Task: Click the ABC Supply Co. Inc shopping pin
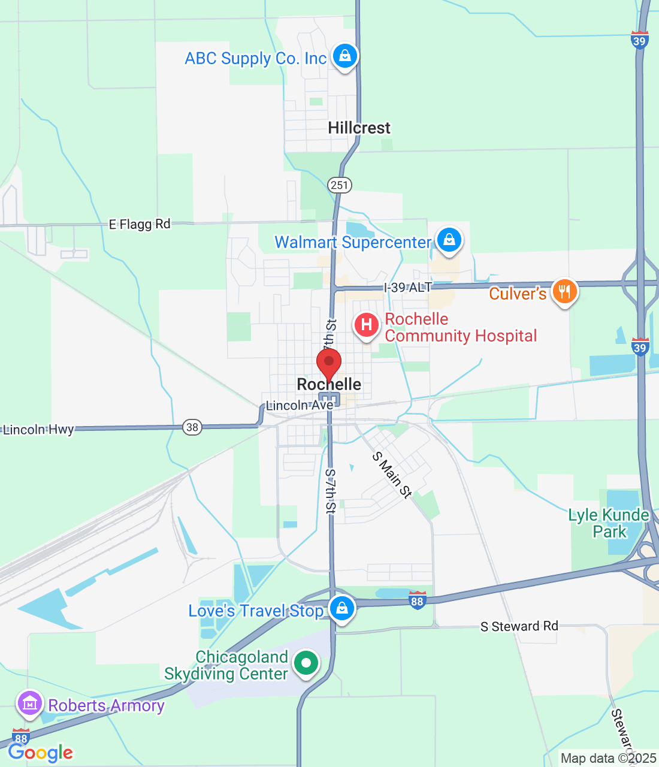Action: coord(344,57)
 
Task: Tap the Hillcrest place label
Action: coord(359,128)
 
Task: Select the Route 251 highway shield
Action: coord(339,185)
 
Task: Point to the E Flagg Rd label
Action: coord(140,224)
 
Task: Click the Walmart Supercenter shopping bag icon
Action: coord(449,240)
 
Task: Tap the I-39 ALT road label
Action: coord(407,288)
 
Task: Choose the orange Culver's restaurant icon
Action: coord(564,292)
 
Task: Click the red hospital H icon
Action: coord(366,325)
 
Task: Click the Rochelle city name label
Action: coord(329,384)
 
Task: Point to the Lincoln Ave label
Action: coord(300,405)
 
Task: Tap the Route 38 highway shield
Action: coord(192,427)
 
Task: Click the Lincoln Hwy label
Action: coord(38,429)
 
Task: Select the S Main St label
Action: coord(392,475)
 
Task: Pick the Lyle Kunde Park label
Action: coord(609,523)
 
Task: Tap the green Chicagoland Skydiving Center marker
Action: coord(306,663)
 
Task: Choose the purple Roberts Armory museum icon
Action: coord(29,703)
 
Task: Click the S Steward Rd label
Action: coord(519,626)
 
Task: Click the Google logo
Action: coord(40,753)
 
